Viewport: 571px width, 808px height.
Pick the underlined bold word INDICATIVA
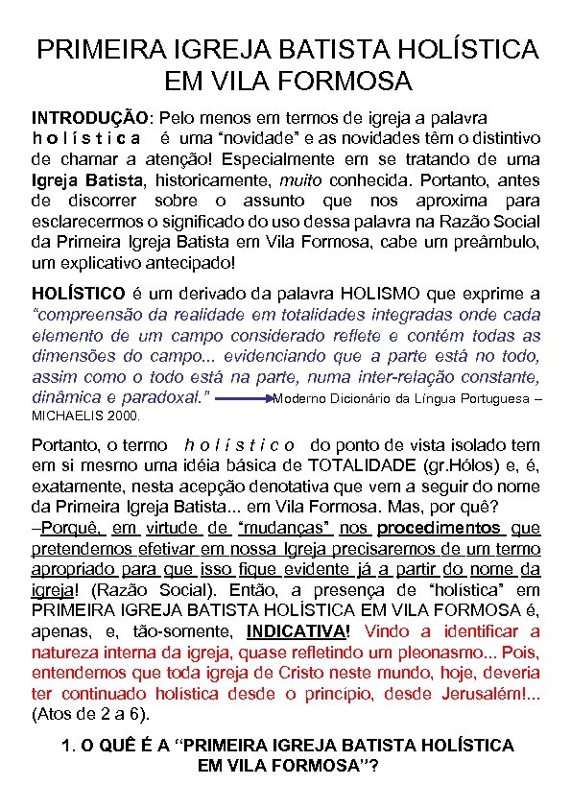[296, 631]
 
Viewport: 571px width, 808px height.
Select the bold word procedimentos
[439, 528]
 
